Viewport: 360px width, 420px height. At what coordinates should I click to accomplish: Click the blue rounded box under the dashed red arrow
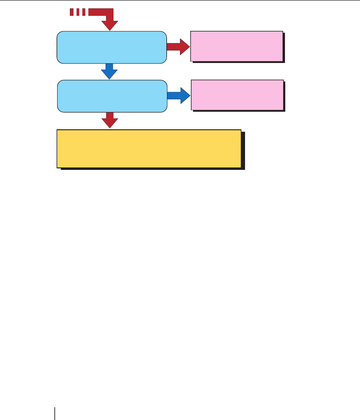point(112,47)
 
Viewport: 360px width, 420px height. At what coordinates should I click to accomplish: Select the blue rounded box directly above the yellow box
point(112,96)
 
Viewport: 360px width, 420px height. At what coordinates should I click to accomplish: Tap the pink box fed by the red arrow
point(237,46)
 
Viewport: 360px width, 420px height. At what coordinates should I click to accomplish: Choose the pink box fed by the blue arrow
point(237,95)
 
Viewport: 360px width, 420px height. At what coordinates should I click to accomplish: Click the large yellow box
point(149,149)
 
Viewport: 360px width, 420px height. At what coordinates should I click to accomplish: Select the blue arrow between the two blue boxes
point(109,71)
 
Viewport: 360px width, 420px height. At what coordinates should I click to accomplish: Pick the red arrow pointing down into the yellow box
point(110,120)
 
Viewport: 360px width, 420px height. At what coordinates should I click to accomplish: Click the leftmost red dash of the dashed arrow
point(72,12)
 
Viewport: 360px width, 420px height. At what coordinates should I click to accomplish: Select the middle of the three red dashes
point(78,12)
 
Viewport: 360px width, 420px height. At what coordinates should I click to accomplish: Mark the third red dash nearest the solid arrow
point(84,12)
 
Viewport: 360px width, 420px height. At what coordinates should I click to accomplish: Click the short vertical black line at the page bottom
point(55,413)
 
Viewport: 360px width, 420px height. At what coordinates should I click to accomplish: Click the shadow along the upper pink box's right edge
point(284,47)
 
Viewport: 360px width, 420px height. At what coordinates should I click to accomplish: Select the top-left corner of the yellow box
point(57,131)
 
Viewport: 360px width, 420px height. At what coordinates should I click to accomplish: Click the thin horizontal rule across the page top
point(180,0)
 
